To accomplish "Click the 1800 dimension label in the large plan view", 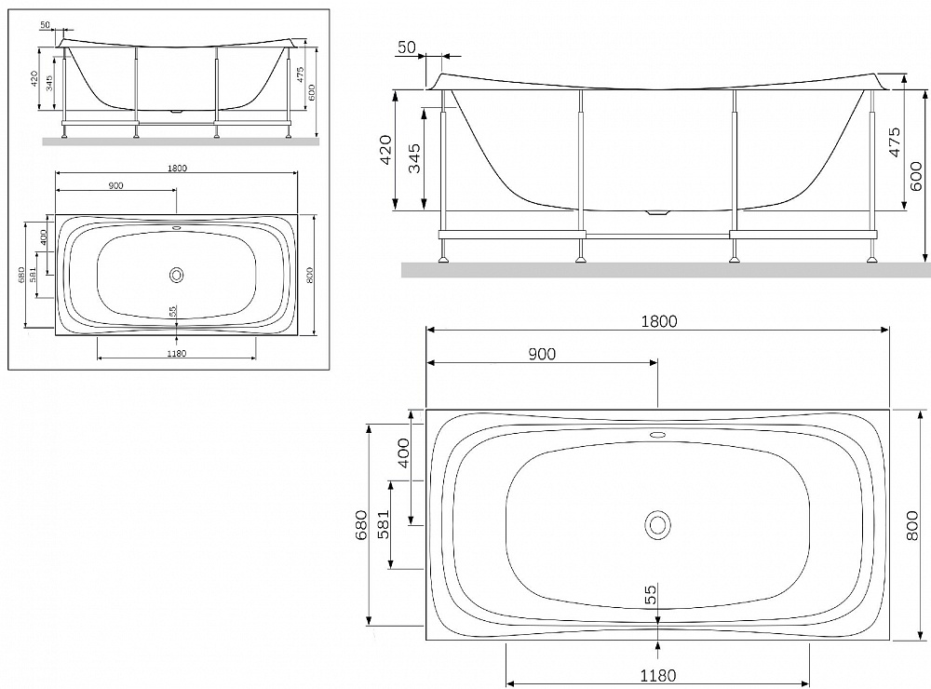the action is coord(658,321).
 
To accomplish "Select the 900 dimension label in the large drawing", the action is coord(542,354).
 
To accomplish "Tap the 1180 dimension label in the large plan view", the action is coord(658,676).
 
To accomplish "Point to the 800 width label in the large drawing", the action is coord(912,525).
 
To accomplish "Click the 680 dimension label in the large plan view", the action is coord(361,525).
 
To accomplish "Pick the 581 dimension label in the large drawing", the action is coord(385,524).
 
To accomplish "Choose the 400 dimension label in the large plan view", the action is coord(403,453).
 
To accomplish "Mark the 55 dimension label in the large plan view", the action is coord(651,594).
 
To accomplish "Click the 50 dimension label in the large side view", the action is coord(407,47).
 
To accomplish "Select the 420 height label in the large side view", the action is coord(385,150).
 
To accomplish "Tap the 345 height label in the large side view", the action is coord(414,158).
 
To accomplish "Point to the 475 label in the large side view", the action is coord(894,142).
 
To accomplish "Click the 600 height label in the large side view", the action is coord(916,176).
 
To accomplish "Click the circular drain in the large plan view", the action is coord(657,525).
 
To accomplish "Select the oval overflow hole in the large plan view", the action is coord(658,435).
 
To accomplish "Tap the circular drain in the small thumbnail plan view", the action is coord(176,275).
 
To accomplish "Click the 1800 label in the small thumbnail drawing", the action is coord(176,169).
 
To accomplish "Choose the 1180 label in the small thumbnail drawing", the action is coord(176,354).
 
